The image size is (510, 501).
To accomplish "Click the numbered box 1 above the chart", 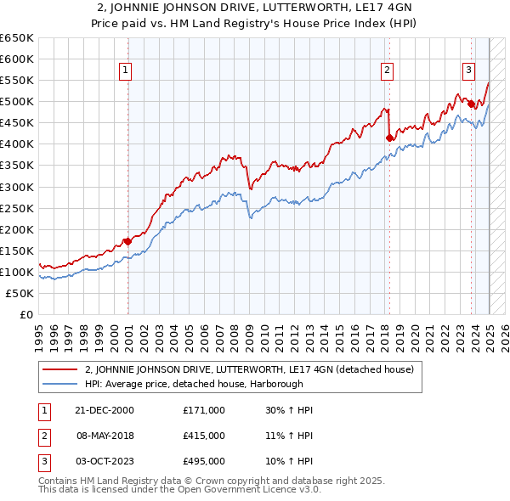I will [x=125, y=71].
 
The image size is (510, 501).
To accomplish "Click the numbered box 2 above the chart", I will [x=387, y=71].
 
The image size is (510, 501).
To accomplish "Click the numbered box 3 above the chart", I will [x=468, y=71].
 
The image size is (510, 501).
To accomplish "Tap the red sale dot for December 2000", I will [x=127, y=241].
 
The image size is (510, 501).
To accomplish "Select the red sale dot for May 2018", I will [x=389, y=137].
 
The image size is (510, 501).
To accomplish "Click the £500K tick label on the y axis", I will [x=17, y=102].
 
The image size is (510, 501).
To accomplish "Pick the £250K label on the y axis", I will [x=17, y=208].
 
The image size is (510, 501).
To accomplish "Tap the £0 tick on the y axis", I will [x=25, y=314].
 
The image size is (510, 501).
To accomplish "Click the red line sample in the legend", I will [x=59, y=369].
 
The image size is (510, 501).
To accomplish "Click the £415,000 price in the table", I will [x=204, y=436].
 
